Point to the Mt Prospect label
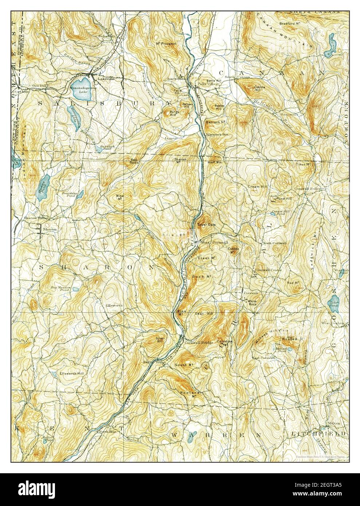[x=166, y=44]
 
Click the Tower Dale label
[x=206, y=225]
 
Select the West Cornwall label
[x=210, y=242]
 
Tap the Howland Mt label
[x=188, y=394]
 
